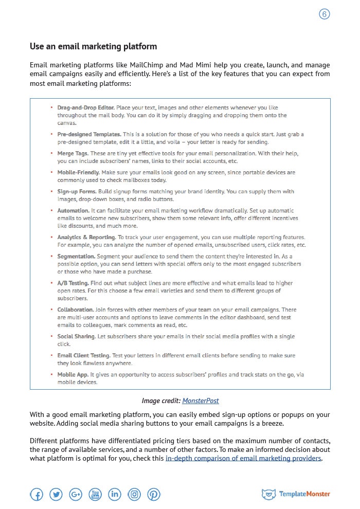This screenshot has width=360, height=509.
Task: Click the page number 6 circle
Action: point(324,14)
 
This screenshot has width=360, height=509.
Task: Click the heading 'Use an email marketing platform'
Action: point(93,46)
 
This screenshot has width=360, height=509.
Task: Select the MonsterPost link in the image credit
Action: point(201,401)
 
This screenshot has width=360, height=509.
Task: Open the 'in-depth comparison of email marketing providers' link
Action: point(243,458)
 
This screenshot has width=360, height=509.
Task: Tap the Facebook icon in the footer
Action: point(37,495)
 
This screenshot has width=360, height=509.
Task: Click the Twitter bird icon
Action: point(56,495)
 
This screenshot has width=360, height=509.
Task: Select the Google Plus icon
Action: point(76,495)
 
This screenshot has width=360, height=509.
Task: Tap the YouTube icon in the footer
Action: point(95,495)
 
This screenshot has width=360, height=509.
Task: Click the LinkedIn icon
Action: point(115,495)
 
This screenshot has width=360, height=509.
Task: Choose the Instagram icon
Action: point(134,495)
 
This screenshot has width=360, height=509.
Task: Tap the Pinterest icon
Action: point(154,495)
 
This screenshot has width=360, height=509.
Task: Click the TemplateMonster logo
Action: point(296,495)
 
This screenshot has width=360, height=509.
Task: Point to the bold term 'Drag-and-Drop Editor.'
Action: point(86,108)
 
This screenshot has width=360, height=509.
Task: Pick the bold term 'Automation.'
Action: point(74,211)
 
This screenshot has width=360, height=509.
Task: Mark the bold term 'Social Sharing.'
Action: point(77,336)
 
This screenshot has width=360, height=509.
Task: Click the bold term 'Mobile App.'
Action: point(73,375)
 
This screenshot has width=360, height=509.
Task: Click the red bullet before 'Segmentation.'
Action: point(51,256)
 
